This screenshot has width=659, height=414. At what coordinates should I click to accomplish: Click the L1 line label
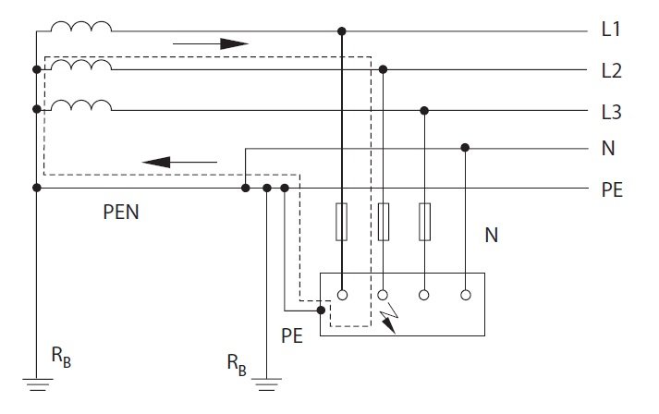(611, 30)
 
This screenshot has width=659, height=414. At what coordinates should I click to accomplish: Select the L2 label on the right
(611, 70)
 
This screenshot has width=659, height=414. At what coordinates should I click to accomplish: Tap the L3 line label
(611, 112)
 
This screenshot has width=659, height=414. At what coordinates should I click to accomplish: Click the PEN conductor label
(121, 212)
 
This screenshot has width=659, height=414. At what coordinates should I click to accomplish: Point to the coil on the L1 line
(81, 27)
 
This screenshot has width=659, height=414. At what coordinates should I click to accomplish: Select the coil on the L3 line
(81, 105)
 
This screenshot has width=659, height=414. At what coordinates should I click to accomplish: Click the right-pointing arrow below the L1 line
(211, 43)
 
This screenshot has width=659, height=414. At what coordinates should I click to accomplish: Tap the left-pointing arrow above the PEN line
(180, 162)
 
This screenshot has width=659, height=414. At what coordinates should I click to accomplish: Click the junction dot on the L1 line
(342, 31)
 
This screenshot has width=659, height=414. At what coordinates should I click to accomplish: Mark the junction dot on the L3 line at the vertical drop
(424, 111)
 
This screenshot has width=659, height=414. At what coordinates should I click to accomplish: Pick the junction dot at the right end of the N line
(465, 148)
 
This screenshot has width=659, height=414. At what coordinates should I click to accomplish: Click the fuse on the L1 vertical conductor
(342, 222)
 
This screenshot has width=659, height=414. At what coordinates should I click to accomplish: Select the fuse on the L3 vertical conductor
(424, 222)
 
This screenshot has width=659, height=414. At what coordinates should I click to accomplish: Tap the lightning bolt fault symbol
(390, 318)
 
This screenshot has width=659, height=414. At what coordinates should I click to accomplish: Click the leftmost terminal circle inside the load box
(343, 295)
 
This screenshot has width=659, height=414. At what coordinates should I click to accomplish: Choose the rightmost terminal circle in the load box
(465, 295)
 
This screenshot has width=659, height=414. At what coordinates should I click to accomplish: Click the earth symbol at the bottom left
(37, 384)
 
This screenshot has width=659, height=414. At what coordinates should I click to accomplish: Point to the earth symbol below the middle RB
(266, 384)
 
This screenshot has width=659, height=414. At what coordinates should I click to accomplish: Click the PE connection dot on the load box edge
(321, 310)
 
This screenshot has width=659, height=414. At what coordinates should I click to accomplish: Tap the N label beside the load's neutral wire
(492, 235)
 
